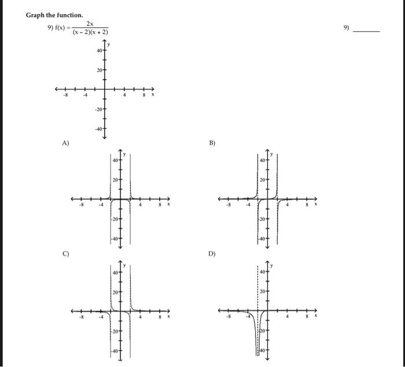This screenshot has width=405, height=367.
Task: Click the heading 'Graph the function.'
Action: click(x=54, y=14)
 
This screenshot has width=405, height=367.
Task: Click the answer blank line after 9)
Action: click(x=367, y=30)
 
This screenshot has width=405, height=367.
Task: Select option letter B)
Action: click(x=212, y=142)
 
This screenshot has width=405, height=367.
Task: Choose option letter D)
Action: click(x=212, y=253)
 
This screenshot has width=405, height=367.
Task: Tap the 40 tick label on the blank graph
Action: click(x=100, y=51)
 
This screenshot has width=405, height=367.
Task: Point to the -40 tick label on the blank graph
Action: click(x=99, y=129)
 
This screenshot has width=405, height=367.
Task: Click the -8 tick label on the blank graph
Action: click(x=66, y=96)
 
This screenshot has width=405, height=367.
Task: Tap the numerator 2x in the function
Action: click(x=90, y=23)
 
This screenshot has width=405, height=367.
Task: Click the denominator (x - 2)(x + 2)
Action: click(x=90, y=32)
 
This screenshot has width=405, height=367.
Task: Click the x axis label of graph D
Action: click(x=316, y=317)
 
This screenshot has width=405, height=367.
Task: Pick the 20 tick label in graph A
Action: click(x=116, y=180)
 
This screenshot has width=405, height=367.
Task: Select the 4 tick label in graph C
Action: click(x=139, y=317)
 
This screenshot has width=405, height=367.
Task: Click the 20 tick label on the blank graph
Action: click(x=100, y=70)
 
